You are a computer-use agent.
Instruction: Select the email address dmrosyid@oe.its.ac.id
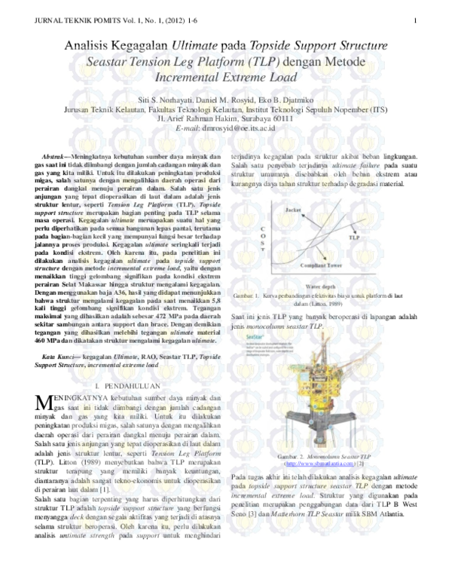click(241, 129)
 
